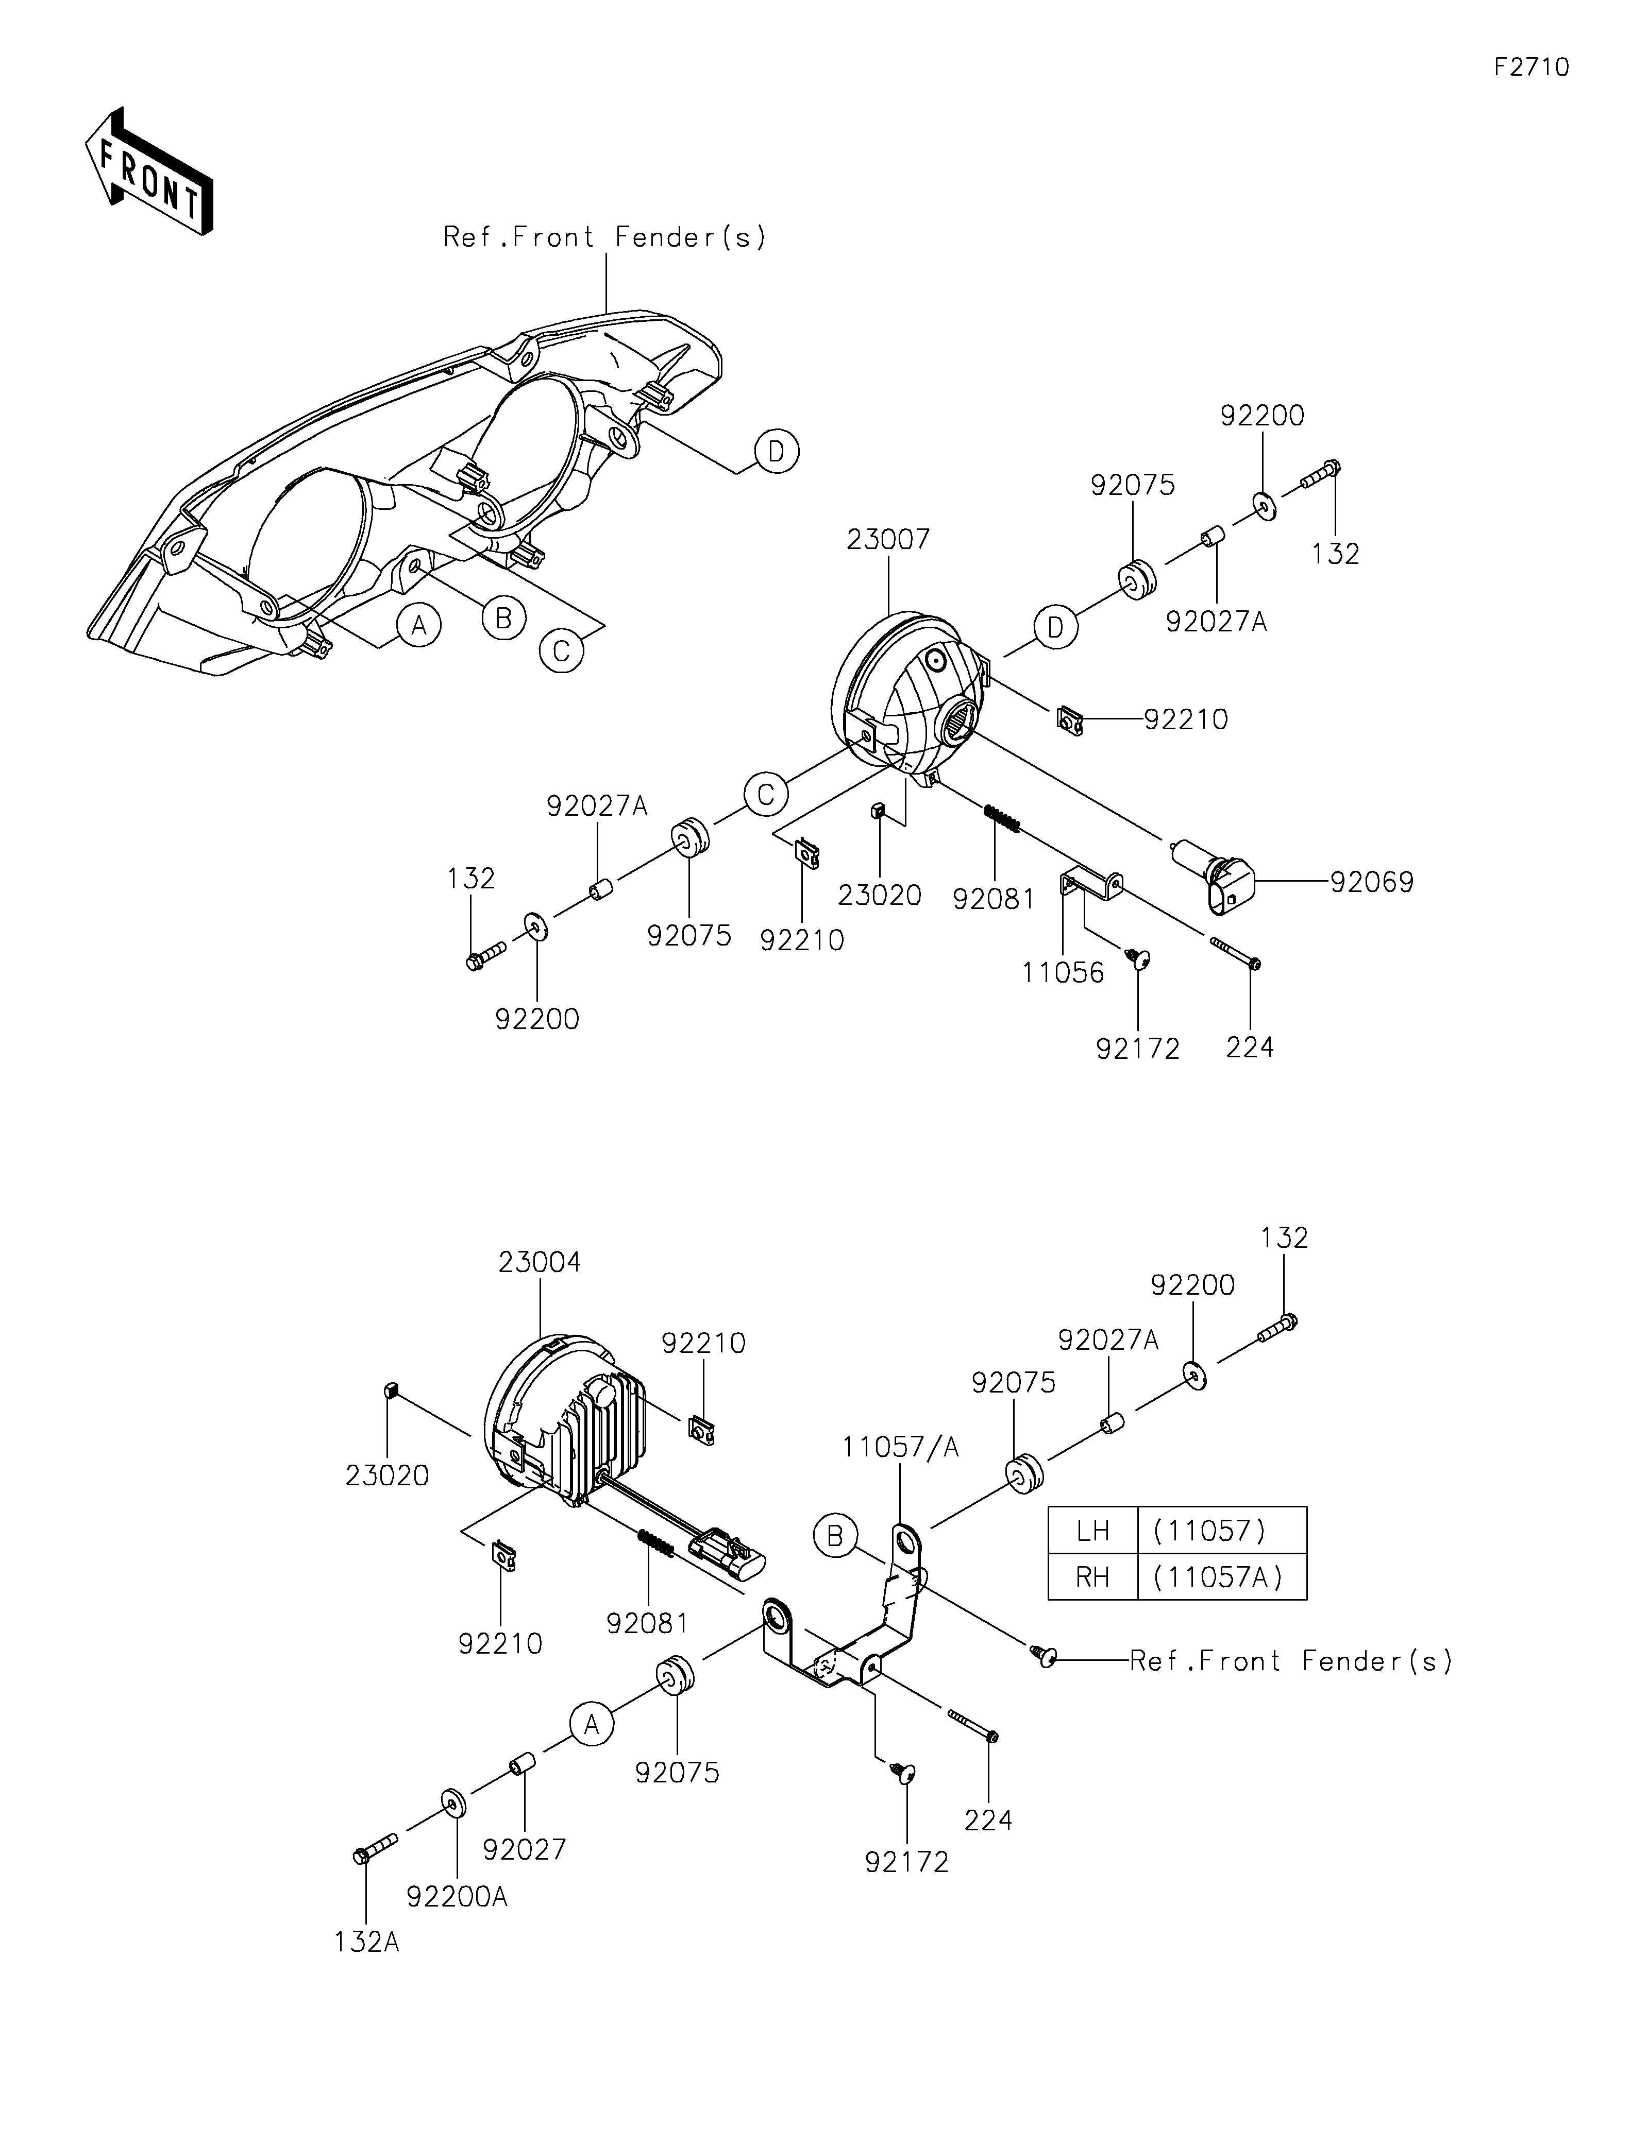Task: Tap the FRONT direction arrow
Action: [149, 170]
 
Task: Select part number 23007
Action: [888, 539]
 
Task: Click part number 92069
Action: [1371, 882]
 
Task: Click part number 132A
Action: [367, 1942]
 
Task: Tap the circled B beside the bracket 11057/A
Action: [835, 1536]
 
